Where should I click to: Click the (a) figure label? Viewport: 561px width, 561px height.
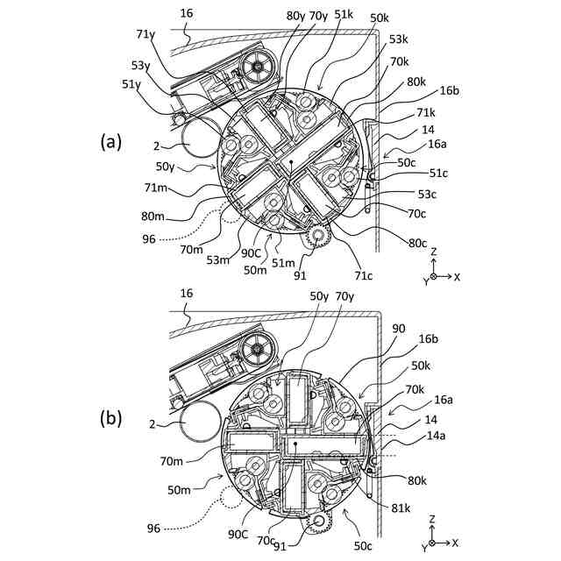[111, 140]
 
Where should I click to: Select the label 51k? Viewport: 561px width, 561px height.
[344, 16]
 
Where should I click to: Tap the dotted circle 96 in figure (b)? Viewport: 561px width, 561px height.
[235, 499]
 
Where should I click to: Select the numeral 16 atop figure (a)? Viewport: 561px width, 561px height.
[186, 13]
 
